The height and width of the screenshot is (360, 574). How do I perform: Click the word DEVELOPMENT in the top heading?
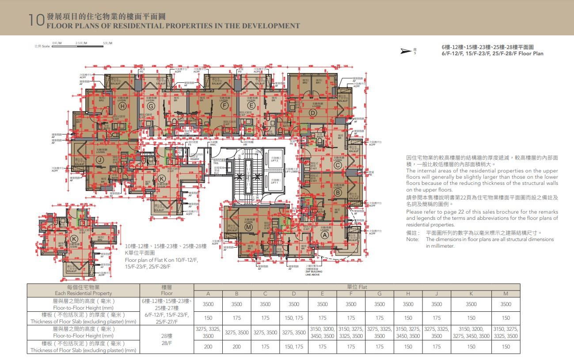tap(273, 26)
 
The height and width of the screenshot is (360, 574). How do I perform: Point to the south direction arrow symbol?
tap(405, 51)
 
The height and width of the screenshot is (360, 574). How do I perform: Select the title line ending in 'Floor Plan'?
tap(492, 54)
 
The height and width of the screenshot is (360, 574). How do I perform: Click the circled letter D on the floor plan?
tap(313, 113)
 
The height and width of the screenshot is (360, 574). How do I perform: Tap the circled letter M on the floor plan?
tap(248, 227)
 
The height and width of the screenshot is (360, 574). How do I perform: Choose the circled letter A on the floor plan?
tap(325, 235)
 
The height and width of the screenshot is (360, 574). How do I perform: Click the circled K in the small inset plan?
tap(73, 239)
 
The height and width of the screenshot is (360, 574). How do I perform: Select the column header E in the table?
tap(322, 294)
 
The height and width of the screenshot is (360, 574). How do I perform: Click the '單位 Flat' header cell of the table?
tap(357, 287)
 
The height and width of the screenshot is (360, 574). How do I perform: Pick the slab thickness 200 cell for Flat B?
tap(236, 347)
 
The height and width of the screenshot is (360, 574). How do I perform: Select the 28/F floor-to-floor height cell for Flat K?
tap(471, 333)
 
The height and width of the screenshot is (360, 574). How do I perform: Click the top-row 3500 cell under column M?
tap(506, 304)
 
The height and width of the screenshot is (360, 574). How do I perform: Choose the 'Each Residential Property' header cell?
tap(84, 290)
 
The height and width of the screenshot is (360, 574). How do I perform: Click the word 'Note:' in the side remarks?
tap(412, 239)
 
